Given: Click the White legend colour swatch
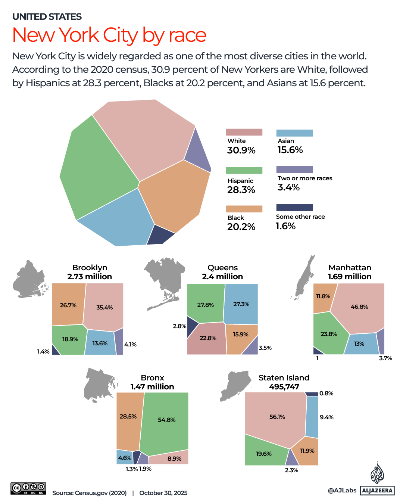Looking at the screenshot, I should click(244, 132).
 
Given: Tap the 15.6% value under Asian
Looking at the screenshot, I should click(290, 150).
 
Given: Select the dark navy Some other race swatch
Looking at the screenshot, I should click(294, 208).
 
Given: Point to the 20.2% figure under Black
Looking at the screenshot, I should click(241, 227).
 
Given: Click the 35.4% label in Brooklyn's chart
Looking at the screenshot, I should click(104, 308).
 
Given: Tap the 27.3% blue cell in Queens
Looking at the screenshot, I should click(241, 304).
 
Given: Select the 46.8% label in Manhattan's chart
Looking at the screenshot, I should click(359, 307).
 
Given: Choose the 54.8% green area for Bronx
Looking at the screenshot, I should click(166, 420).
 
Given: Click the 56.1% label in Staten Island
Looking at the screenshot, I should click(277, 417).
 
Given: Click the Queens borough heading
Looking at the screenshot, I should click(222, 268).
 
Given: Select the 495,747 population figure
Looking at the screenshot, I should click(284, 387).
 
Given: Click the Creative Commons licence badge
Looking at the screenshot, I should click(28, 488).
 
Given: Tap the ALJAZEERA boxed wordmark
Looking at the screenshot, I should click(377, 491).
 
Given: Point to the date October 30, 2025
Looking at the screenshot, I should click(163, 493).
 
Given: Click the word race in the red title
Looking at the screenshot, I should click(188, 35).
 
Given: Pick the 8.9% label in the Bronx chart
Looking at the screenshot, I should click(174, 458).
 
